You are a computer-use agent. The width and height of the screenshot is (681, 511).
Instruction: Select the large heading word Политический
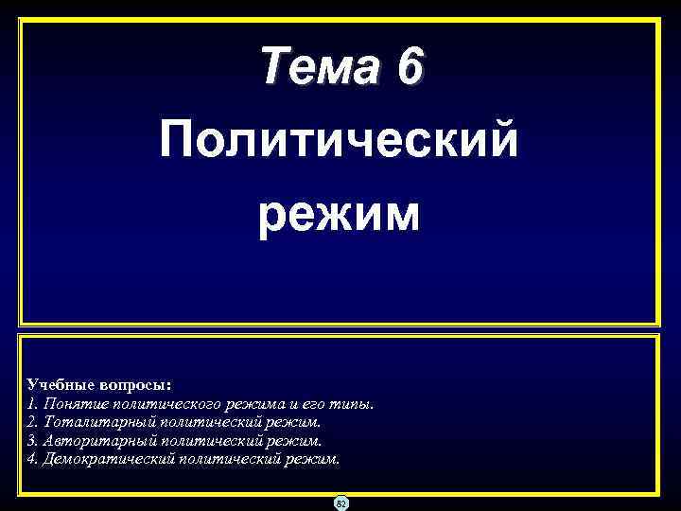(x=340, y=142)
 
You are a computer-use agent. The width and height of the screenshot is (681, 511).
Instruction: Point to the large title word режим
(x=340, y=214)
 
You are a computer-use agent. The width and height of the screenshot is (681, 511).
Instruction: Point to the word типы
(x=339, y=404)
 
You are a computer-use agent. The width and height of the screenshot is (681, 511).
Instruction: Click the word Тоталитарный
(x=89, y=422)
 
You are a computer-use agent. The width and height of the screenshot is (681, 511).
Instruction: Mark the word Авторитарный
(x=90, y=440)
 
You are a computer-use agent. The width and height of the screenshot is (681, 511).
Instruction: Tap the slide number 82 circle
(x=340, y=502)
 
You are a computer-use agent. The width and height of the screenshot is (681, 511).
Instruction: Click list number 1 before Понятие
(x=32, y=404)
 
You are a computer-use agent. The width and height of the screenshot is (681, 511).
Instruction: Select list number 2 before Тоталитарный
(x=32, y=422)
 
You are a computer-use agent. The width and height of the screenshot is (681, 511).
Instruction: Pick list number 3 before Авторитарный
(x=32, y=440)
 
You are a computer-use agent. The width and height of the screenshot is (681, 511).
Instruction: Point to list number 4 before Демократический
(x=32, y=459)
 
